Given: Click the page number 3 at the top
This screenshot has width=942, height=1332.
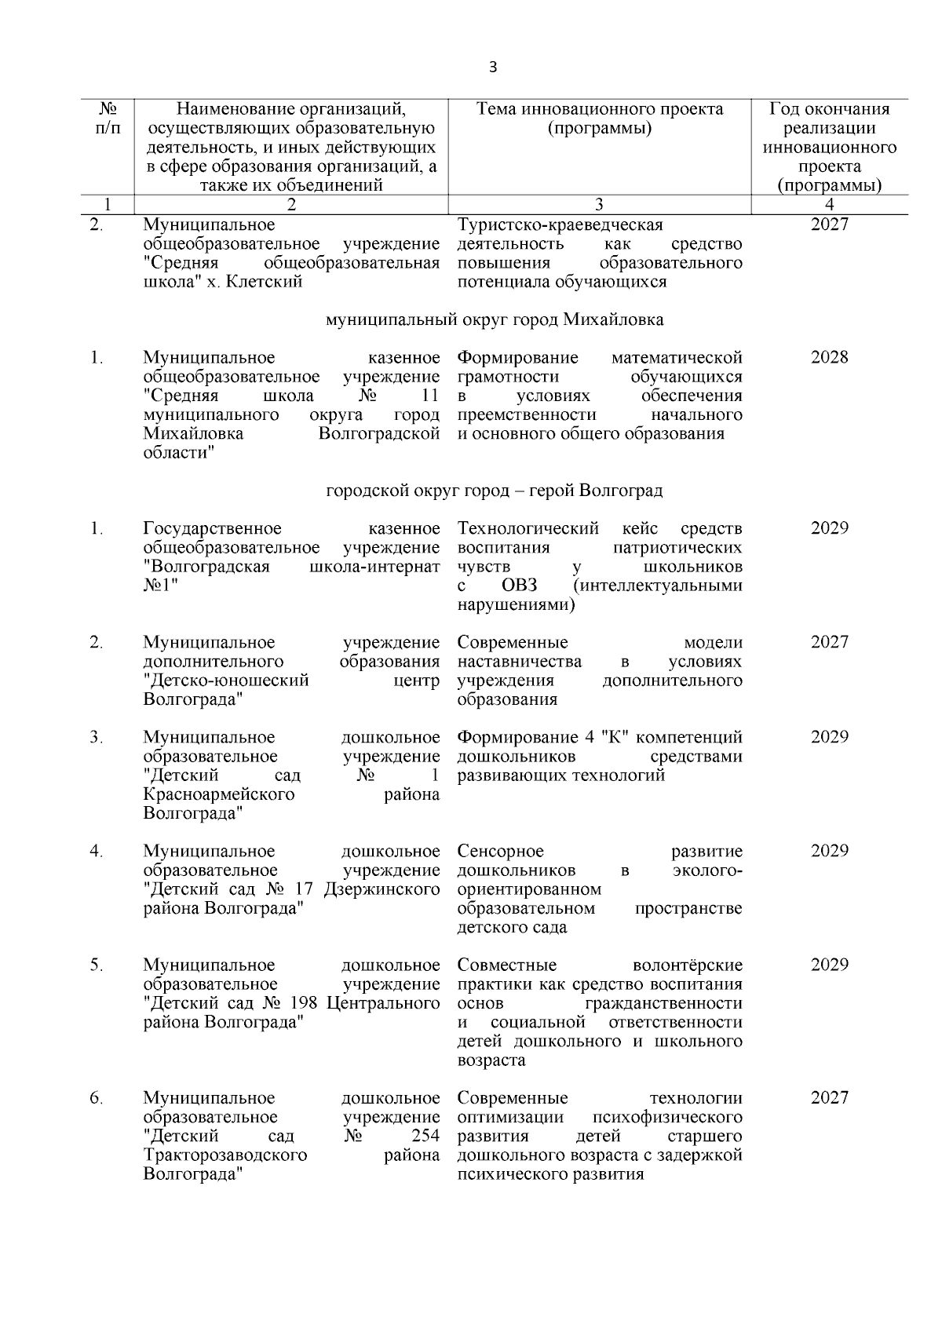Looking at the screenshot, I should click(493, 68).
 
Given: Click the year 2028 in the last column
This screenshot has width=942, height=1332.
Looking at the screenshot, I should click(829, 358).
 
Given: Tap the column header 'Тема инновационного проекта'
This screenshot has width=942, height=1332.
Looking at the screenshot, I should click(600, 109).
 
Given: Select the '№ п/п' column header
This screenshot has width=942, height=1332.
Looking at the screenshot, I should click(108, 119).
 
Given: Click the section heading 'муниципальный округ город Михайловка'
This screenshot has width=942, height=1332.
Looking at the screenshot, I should click(495, 320).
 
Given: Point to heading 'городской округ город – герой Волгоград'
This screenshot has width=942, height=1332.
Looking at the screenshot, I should click(495, 491).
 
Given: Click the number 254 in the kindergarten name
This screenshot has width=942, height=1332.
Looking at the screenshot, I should click(425, 1137).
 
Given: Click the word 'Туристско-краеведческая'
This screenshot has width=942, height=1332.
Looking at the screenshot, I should click(560, 225).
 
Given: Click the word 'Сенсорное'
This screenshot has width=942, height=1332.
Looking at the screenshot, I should click(500, 852).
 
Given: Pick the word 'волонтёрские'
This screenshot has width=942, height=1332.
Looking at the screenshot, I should click(687, 965).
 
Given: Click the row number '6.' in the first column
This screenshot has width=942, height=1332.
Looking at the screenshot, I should click(96, 1098).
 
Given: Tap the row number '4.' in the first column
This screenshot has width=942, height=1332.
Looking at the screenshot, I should click(96, 852).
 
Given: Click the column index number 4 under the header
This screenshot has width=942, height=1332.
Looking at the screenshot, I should click(829, 205).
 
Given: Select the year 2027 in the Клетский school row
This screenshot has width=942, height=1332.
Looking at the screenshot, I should click(829, 225).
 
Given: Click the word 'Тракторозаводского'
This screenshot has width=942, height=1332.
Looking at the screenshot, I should click(225, 1155).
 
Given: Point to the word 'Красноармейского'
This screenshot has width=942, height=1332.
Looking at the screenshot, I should click(219, 794).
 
